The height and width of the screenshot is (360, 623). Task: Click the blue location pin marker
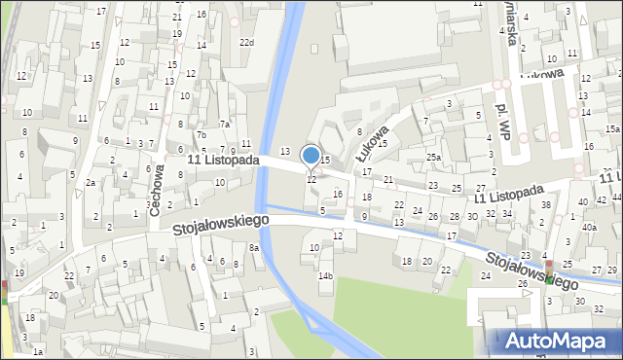pyautogui.click(x=311, y=156)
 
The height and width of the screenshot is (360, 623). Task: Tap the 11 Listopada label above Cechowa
pyautogui.click(x=224, y=159)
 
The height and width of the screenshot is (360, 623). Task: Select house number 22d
pyautogui.click(x=248, y=42)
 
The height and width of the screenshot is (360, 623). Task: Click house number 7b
pyautogui.click(x=202, y=135)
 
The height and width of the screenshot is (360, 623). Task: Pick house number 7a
pyautogui.click(x=224, y=124)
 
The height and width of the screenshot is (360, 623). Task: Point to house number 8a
pyautogui.click(x=254, y=248)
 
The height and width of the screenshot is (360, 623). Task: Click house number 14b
pyautogui.click(x=325, y=276)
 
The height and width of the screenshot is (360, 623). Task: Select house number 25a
pyautogui.click(x=433, y=157)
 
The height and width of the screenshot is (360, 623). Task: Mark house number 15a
pyautogui.click(x=612, y=129)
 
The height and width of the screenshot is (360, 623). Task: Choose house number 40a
pyautogui.click(x=589, y=228)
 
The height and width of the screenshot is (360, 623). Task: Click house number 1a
pyautogui.click(x=37, y=350)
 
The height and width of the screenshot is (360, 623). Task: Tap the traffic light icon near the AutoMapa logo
pyautogui.click(x=547, y=271)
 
